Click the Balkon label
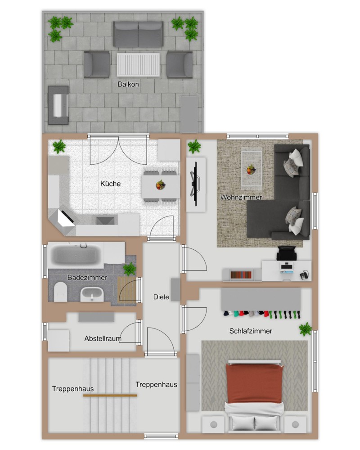(x=128, y=84)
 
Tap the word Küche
(x=111, y=184)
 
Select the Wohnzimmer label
(x=241, y=197)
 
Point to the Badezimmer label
(x=87, y=278)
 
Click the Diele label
(x=161, y=297)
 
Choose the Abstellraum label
(x=103, y=339)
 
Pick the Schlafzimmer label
(x=251, y=331)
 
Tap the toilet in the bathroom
(x=60, y=292)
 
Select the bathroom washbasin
(x=92, y=294)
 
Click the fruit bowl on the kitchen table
(x=161, y=185)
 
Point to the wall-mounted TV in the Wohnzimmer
(x=196, y=184)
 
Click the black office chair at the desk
(x=286, y=253)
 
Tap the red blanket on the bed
(x=254, y=383)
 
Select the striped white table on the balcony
(x=138, y=64)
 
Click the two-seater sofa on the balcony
(x=138, y=34)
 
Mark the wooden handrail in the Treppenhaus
(x=110, y=396)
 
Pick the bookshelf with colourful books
(x=241, y=274)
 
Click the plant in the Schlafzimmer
(x=306, y=329)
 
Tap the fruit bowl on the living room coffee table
(x=251, y=169)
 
